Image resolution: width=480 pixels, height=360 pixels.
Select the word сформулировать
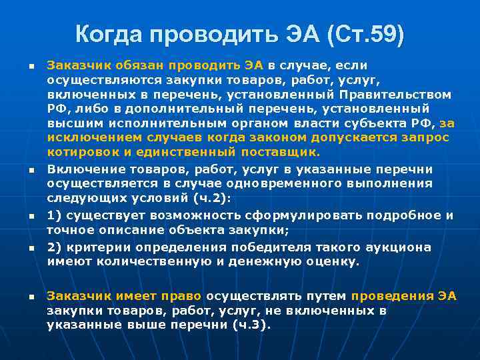(297, 215)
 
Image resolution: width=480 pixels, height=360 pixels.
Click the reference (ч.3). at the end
(248, 325)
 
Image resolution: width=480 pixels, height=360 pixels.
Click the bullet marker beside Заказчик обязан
(31, 67)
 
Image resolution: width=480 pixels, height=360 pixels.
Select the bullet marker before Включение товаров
(31, 170)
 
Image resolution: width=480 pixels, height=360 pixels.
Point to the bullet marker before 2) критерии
(31, 249)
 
